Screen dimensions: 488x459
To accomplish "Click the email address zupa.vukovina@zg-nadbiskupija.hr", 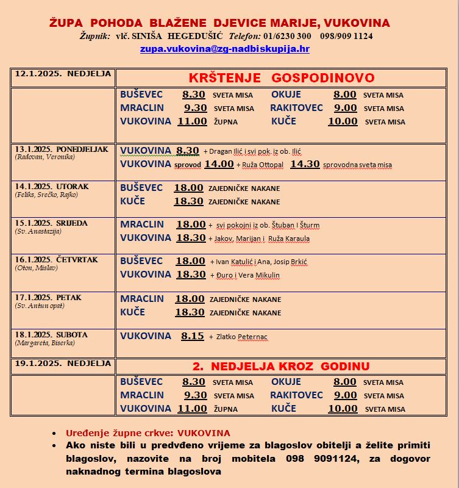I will pos(224,49).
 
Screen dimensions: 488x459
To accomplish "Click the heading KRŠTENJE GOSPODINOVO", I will pos(282,78).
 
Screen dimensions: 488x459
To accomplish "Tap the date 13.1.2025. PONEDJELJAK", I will pos(61,149).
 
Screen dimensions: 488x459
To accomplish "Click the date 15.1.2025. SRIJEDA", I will pos(51,223).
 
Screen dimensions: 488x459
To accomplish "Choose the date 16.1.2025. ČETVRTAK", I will pos(56,260).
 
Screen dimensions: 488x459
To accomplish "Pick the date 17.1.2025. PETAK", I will pos(48,298).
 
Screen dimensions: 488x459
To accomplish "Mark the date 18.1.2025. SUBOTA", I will pos(51,335).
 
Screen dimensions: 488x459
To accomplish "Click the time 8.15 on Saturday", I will pos(193,336).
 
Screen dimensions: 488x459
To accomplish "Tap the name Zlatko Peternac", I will pos(241,337).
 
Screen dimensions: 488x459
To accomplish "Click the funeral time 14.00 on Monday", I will pos(219,164).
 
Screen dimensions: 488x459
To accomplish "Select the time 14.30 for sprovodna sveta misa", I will pos(305,164).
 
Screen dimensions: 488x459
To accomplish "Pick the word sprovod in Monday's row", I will pos(188,165).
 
